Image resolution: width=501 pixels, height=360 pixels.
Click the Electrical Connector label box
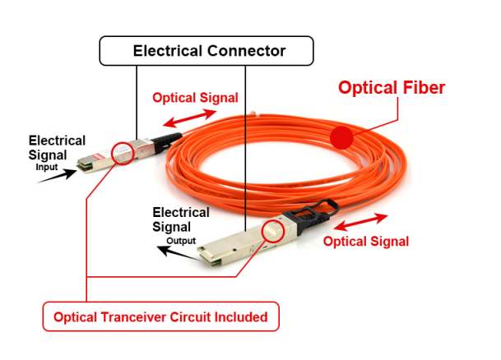[x=206, y=51]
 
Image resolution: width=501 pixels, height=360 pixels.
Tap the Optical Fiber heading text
[x=392, y=87]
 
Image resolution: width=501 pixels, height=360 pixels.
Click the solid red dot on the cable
[x=341, y=137]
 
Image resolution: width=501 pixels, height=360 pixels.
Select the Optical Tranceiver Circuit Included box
[x=161, y=316]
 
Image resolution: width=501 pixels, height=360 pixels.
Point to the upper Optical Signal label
[x=195, y=98]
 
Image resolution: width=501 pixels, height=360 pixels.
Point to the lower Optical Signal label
[x=366, y=242]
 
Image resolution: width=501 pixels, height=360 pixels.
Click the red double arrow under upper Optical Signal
[x=189, y=118]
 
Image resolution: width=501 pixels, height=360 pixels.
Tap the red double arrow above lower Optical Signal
[x=360, y=221]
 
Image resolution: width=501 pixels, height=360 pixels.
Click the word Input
[x=47, y=167]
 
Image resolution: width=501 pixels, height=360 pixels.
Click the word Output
[x=181, y=241]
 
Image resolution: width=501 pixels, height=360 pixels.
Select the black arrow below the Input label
[x=58, y=176]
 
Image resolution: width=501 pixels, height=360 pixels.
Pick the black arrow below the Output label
[x=179, y=253]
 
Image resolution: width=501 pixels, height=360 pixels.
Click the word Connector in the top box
[x=246, y=51]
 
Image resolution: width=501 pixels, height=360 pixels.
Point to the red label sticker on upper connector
[x=97, y=157]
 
